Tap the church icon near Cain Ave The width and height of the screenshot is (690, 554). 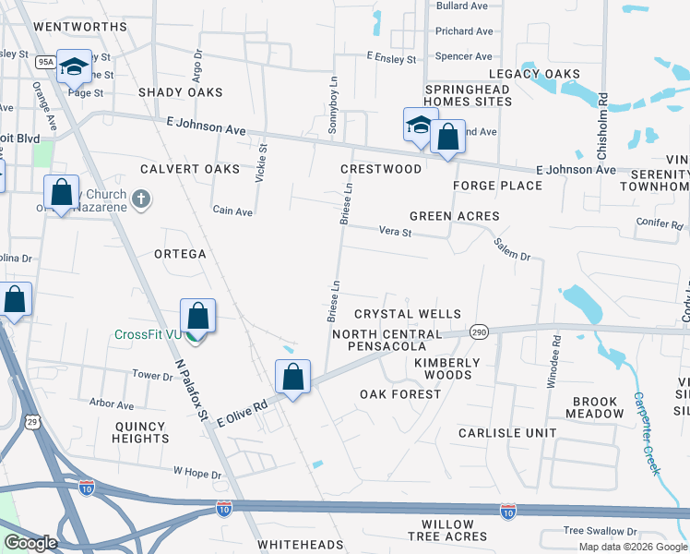(x=140, y=199)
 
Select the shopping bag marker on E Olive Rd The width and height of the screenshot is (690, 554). (x=292, y=378)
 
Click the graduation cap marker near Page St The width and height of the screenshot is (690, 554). (x=75, y=66)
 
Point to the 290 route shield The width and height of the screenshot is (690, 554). (x=478, y=331)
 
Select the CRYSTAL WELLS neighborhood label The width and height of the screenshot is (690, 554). (x=407, y=315)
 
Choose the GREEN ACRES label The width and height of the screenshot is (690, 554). (x=454, y=216)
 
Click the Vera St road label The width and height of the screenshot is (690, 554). (x=395, y=233)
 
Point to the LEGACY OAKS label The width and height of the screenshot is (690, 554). (x=534, y=74)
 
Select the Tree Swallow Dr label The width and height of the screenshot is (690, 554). (x=600, y=532)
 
